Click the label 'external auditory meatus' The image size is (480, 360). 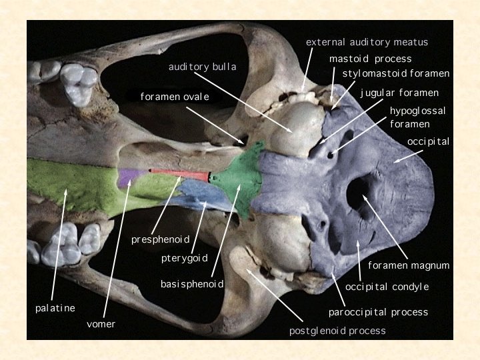click(x=367, y=42)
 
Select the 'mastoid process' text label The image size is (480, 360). click(x=370, y=59)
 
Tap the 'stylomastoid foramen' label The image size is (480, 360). click(x=396, y=73)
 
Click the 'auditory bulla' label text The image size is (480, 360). click(x=202, y=67)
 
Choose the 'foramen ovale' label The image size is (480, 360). click(x=175, y=97)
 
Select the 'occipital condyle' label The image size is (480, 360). click(x=387, y=287)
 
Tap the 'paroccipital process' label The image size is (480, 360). click(x=378, y=312)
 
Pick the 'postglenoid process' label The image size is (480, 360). click(x=337, y=330)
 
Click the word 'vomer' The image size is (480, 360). click(x=101, y=324)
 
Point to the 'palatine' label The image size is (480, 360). click(x=55, y=308)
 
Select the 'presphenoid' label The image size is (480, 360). click(x=161, y=239)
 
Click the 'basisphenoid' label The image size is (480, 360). click(x=191, y=285)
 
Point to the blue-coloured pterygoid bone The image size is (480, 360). click(x=200, y=194)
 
